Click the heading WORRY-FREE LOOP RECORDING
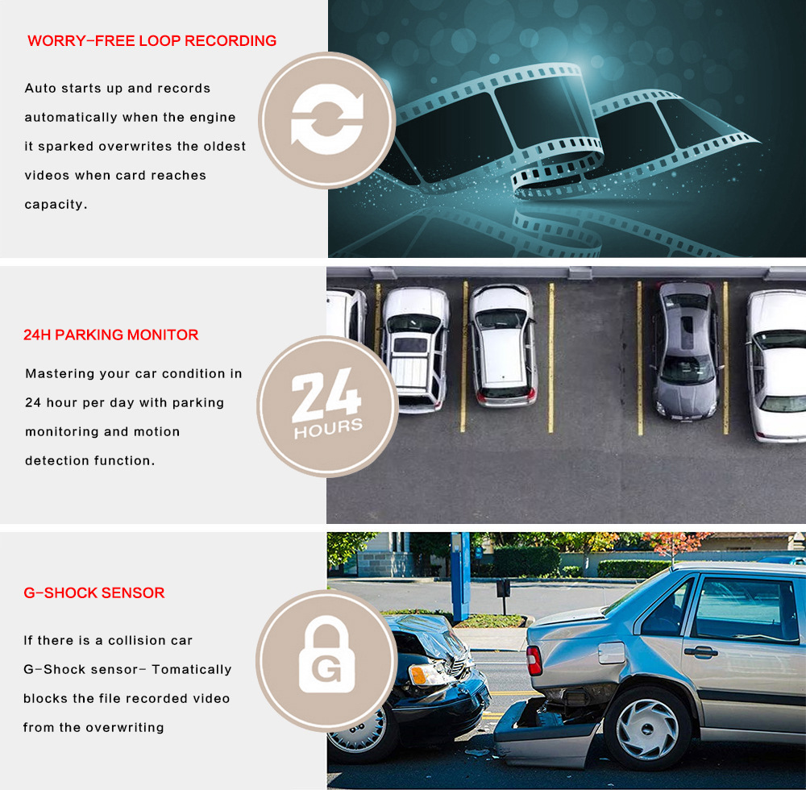(152, 41)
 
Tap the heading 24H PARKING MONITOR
(110, 335)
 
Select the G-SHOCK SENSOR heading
(93, 593)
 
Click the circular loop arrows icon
(326, 120)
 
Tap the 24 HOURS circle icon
(326, 405)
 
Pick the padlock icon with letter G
(326, 659)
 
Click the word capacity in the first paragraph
(55, 205)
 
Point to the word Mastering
(59, 374)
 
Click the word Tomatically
(191, 670)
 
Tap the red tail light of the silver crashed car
(534, 660)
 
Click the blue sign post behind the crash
(460, 576)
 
